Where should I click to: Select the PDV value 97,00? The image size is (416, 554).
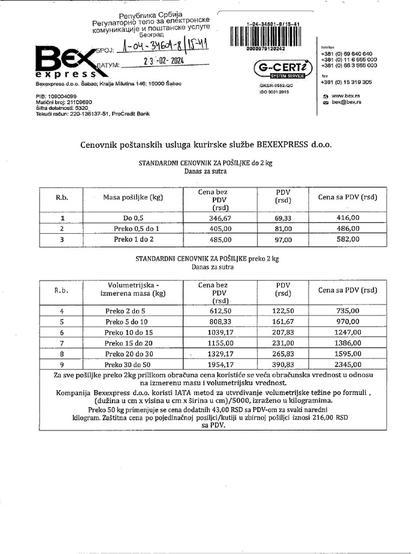click(283, 238)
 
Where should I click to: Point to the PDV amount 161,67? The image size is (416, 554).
click(283, 321)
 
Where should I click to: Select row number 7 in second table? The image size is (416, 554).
click(62, 342)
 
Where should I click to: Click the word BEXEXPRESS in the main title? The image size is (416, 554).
click(281, 144)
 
